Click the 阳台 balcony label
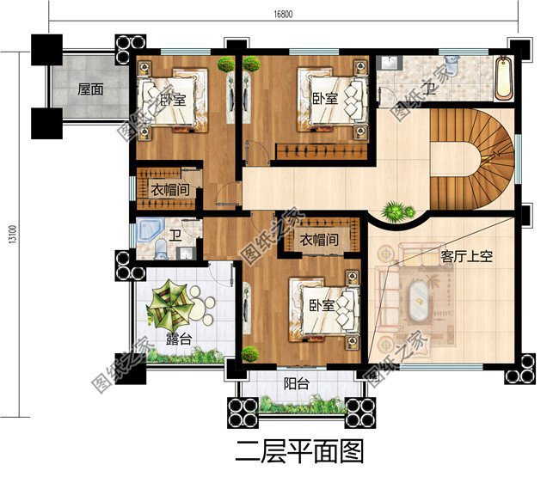coord(297,384)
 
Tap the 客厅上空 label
coord(466,257)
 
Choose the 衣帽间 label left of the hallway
coord(169,190)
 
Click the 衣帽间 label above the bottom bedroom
coord(317,240)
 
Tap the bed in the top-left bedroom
coord(173,100)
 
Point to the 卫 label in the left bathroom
coord(175,235)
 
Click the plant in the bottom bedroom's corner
coord(250,352)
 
